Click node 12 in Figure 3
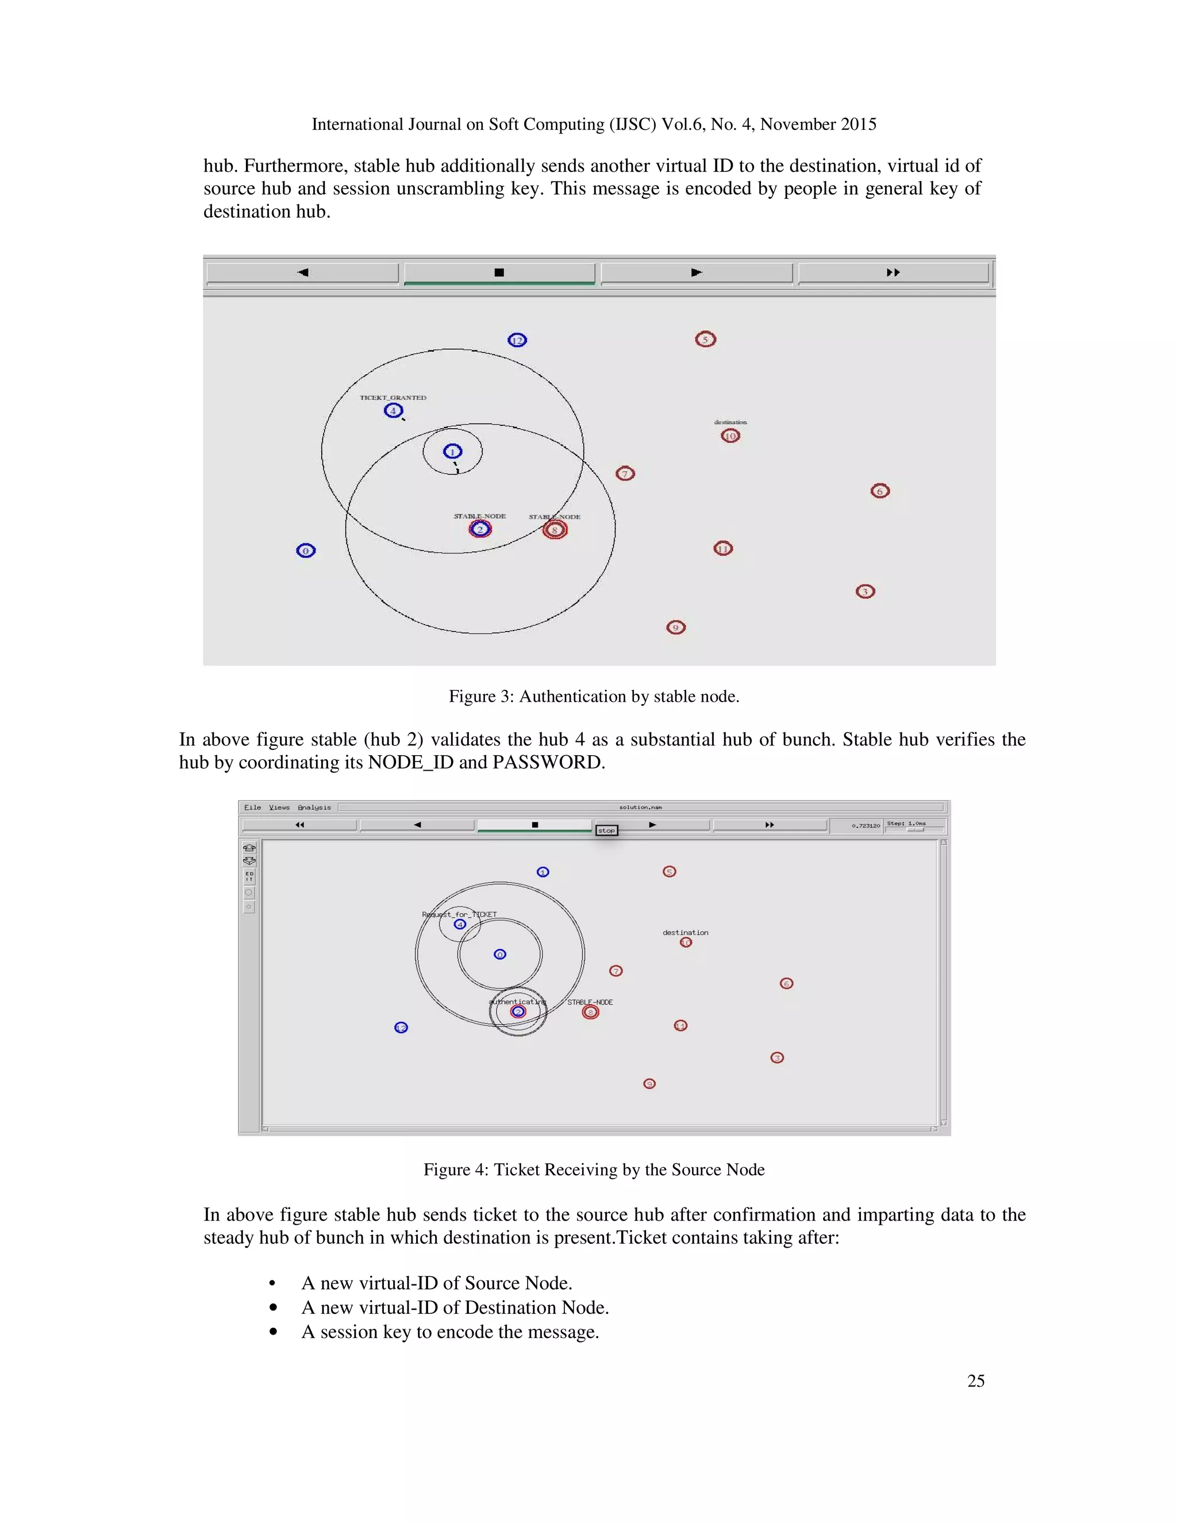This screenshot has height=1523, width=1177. pyautogui.click(x=517, y=340)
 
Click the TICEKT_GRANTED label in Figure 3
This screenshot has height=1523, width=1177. pyautogui.click(x=393, y=398)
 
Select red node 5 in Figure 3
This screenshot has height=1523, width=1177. pyautogui.click(x=705, y=340)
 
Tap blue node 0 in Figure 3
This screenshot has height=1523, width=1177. pyautogui.click(x=305, y=551)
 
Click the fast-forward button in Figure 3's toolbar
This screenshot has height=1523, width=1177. pyautogui.click(x=893, y=272)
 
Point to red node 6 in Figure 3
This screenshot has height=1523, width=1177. pyautogui.click(x=879, y=491)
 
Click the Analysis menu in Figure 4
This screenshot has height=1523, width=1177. pyautogui.click(x=314, y=807)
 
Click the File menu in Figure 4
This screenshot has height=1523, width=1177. pyautogui.click(x=252, y=807)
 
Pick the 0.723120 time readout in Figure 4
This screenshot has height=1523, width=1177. pyautogui.click(x=866, y=826)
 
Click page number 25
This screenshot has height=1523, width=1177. pyautogui.click(x=975, y=1380)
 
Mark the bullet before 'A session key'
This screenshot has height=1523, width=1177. pyautogui.click(x=274, y=1332)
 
